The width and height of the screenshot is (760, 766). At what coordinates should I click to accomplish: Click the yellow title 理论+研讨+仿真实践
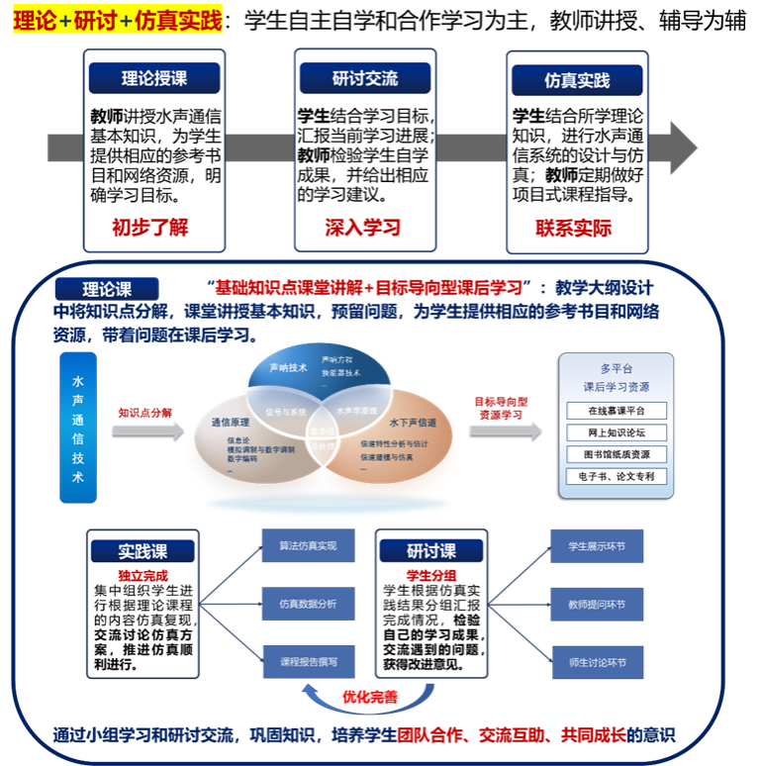[x=117, y=19]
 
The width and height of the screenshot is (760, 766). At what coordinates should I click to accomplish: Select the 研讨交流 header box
[x=364, y=78]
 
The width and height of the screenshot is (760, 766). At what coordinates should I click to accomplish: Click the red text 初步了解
[x=149, y=228]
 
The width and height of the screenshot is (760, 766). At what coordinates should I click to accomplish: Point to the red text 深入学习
[x=362, y=228]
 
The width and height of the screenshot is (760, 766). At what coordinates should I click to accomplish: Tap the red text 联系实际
[x=574, y=229]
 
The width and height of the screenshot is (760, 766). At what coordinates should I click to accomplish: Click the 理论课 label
[x=106, y=289]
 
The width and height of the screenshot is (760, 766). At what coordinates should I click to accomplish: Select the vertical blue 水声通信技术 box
[x=78, y=431]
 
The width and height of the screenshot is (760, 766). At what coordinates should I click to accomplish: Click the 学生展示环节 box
[x=597, y=545]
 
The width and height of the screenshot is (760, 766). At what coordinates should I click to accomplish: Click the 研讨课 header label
[x=431, y=551]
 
